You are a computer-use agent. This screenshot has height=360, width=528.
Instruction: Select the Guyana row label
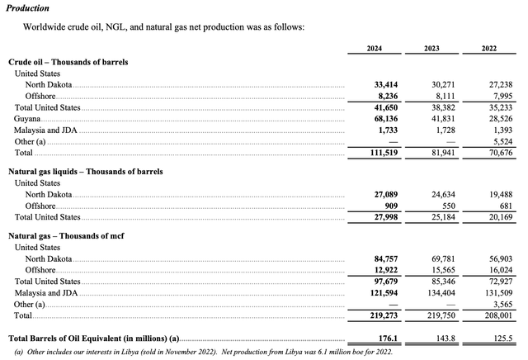click(27, 119)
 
